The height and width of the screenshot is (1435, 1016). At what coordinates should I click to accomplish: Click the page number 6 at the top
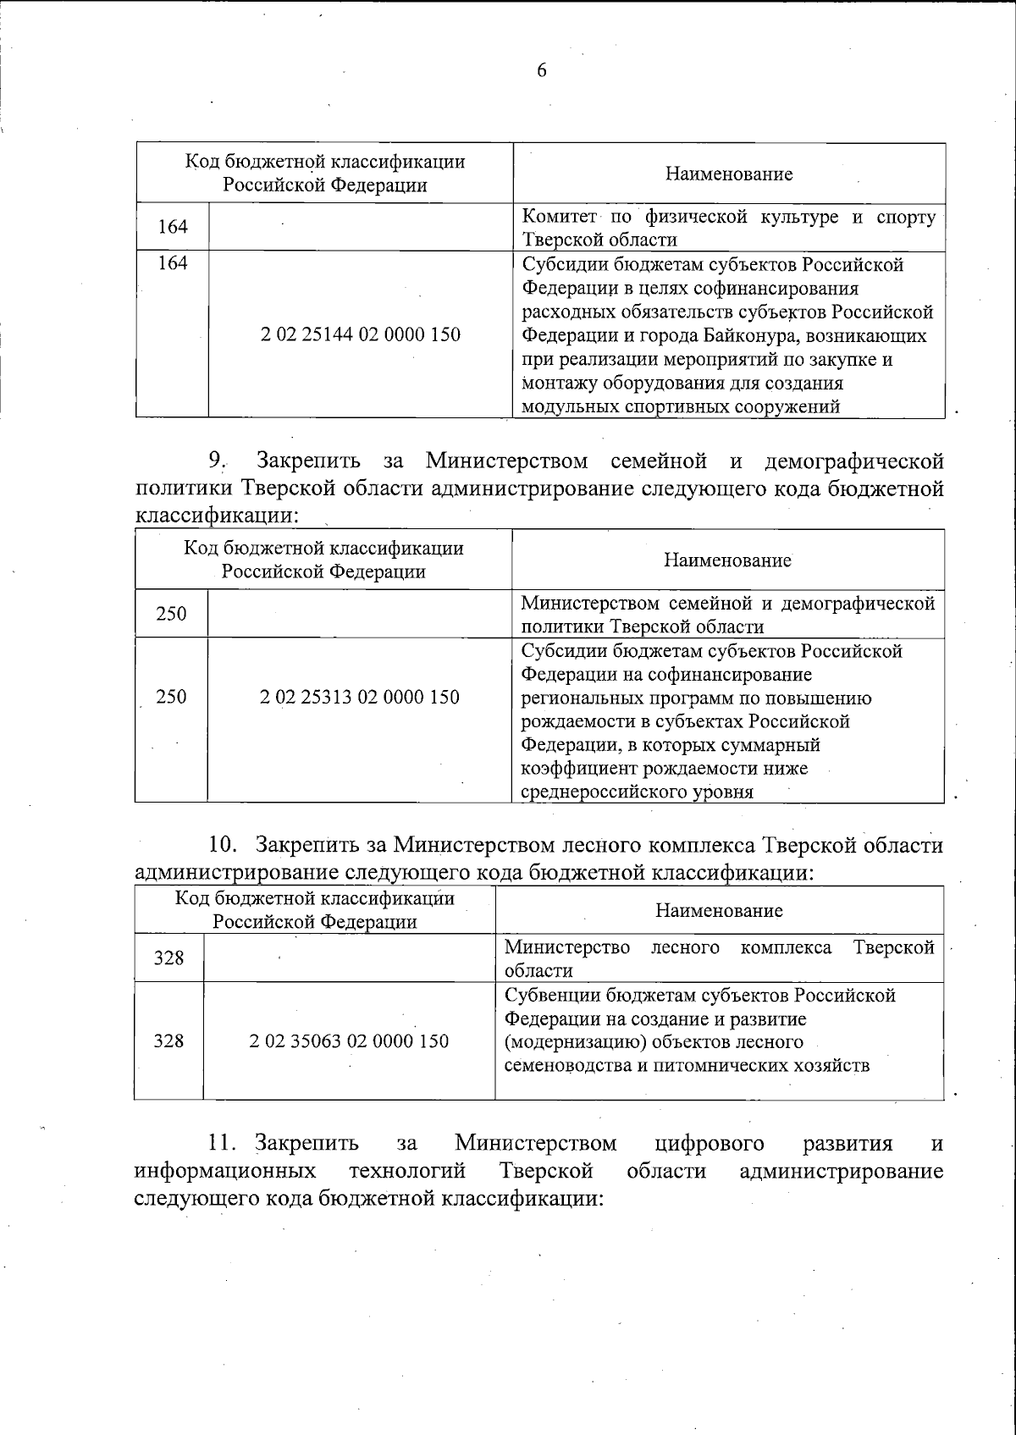click(542, 70)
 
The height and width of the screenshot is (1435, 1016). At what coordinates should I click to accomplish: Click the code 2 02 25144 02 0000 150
click(361, 334)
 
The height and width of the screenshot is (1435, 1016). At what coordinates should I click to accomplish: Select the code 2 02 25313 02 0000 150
click(360, 697)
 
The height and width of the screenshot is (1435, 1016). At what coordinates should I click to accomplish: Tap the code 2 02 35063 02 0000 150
click(349, 1040)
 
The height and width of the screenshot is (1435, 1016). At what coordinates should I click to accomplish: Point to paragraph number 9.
click(218, 461)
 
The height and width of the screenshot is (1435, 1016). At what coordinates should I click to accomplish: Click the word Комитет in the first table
click(559, 217)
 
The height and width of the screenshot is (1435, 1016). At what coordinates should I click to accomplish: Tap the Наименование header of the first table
click(729, 174)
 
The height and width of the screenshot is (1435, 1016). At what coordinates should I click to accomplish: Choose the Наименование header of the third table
click(719, 910)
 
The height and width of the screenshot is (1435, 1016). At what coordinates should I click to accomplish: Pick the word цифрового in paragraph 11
click(710, 1144)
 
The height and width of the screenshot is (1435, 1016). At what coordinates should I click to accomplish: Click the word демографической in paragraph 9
click(853, 461)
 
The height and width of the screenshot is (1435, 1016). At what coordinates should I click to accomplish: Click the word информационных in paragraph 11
click(226, 1171)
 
